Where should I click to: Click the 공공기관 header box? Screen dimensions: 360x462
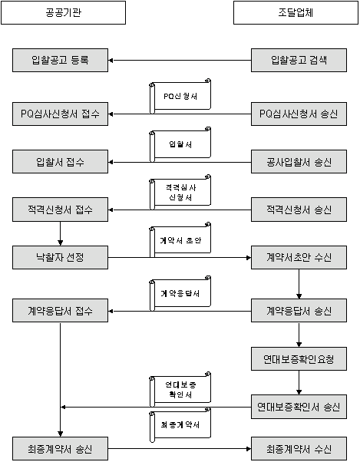[64, 13]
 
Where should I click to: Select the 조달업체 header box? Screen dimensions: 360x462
[296, 13]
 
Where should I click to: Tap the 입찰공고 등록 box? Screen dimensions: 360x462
[60, 61]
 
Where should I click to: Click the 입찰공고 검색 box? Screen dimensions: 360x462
[299, 61]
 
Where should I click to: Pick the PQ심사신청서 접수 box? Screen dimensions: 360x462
[60, 114]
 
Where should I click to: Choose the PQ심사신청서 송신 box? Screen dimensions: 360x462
[299, 114]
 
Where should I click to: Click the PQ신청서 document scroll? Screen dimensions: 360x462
[180, 96]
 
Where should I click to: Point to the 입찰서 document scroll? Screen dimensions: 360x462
[180, 144]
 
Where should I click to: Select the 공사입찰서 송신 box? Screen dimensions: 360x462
[299, 162]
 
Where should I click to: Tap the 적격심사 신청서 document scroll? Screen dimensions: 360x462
[180, 192]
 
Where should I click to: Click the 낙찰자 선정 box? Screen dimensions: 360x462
[60, 258]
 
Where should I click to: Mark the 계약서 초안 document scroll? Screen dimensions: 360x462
[180, 240]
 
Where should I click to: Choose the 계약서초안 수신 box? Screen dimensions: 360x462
[299, 258]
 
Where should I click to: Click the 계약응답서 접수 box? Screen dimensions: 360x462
[60, 311]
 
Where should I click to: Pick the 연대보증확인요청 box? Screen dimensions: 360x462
[299, 359]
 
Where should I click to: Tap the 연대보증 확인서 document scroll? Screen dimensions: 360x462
[180, 390]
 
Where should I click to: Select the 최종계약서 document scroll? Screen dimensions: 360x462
[180, 425]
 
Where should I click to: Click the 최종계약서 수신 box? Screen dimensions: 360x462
[299, 449]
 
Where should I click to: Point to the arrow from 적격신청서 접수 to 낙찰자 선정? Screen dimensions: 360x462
[60, 233]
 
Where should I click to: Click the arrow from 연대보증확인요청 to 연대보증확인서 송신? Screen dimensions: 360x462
[299, 383]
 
